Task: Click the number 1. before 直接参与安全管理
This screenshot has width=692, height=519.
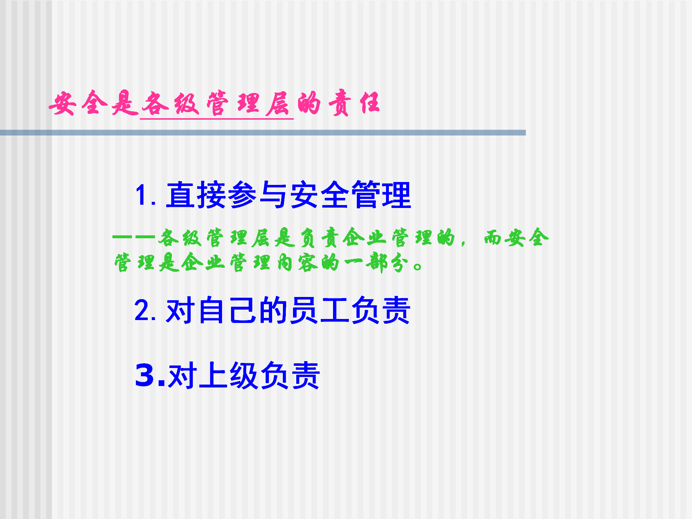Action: click(x=146, y=195)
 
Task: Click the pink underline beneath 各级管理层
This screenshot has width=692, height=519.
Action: click(x=217, y=118)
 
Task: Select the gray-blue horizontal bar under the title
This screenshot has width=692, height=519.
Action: click(x=263, y=133)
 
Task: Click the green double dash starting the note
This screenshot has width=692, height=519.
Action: click(x=134, y=237)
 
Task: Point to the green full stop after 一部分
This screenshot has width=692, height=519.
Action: click(x=418, y=267)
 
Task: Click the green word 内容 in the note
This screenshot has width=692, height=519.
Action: click(x=297, y=262)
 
